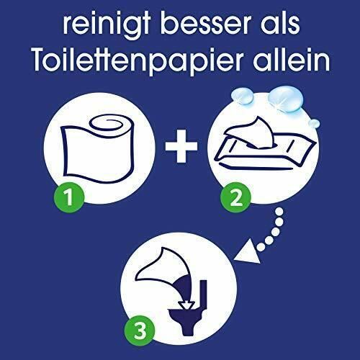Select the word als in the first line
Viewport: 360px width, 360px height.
(280, 23)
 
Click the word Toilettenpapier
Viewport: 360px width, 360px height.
(138, 59)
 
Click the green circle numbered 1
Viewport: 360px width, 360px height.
(69, 197)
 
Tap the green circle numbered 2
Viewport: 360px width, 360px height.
(235, 197)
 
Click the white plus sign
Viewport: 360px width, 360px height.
(181, 146)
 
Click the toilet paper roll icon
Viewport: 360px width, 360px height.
(97, 149)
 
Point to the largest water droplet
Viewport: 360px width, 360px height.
(286, 99)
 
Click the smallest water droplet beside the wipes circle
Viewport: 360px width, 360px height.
(314, 124)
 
